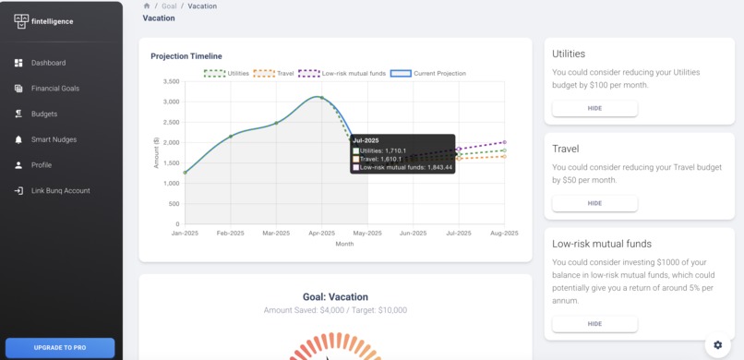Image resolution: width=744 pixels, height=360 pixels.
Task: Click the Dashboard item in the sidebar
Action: (x=48, y=63)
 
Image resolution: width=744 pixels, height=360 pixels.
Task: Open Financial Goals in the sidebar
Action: (x=54, y=89)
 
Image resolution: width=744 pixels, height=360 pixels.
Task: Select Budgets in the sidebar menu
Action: (x=43, y=114)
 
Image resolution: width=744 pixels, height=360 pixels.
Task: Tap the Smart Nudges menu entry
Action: (x=54, y=139)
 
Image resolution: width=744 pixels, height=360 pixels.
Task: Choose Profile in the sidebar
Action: (x=42, y=165)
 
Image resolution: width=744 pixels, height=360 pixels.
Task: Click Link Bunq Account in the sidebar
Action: (x=60, y=190)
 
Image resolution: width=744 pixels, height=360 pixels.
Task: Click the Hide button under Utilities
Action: (x=594, y=109)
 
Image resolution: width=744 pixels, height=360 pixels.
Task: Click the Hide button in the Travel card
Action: (x=594, y=203)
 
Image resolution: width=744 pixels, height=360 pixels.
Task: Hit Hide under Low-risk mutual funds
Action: (x=594, y=324)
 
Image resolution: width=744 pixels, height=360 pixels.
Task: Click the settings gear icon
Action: (x=718, y=344)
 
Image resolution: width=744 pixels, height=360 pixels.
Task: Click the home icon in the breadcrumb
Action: (x=147, y=6)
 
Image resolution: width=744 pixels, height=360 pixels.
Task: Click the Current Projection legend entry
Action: (x=428, y=73)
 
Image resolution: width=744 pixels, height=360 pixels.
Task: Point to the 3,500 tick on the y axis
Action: (x=170, y=81)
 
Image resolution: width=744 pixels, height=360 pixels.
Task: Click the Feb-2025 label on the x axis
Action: (x=230, y=233)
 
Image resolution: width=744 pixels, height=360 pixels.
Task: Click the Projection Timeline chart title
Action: (x=186, y=56)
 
